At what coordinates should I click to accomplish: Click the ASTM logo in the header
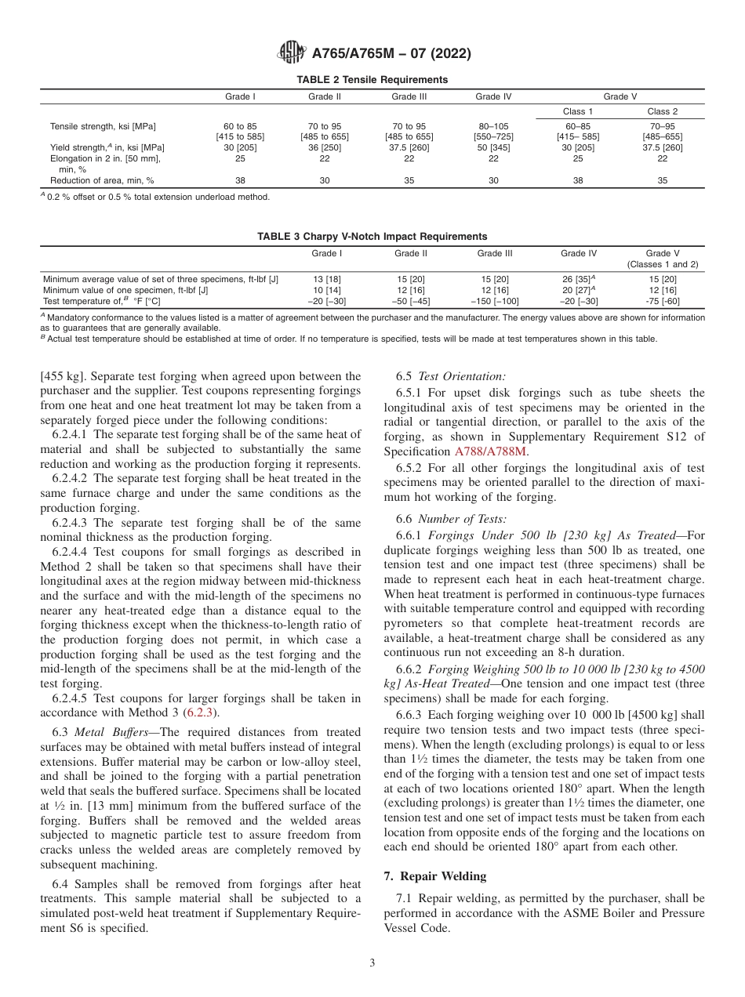coord(293,53)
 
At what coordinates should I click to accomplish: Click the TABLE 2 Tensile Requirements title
coord(372,79)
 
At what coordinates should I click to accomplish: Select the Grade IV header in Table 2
coord(493,97)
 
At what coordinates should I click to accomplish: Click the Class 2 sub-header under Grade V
coord(663,111)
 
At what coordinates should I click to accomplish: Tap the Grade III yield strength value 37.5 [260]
coord(409,147)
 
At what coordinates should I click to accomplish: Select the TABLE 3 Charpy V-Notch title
coord(372,236)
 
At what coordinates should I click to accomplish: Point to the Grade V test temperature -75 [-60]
coord(663,301)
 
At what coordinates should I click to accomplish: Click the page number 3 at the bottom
coord(372,963)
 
